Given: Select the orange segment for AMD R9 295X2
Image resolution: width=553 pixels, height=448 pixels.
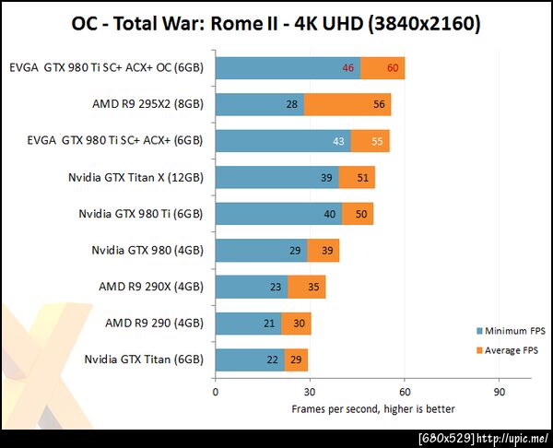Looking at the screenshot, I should click(x=347, y=104).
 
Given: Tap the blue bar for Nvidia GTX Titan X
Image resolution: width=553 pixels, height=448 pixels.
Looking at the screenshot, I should click(x=276, y=177).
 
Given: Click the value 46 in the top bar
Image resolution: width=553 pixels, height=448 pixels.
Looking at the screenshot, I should click(x=348, y=68).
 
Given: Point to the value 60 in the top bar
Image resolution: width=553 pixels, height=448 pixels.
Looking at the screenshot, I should click(x=393, y=68).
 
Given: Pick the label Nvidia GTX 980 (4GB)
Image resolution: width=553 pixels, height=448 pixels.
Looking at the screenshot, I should click(x=147, y=250).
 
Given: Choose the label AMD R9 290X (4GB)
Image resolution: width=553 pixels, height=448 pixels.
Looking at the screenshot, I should click(x=150, y=287).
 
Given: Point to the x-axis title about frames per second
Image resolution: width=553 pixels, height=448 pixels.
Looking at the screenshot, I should click(x=372, y=408).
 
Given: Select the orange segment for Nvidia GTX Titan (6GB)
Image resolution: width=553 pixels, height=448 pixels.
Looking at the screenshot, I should click(x=296, y=360).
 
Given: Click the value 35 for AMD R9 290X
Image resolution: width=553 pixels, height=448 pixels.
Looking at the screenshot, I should click(x=314, y=287).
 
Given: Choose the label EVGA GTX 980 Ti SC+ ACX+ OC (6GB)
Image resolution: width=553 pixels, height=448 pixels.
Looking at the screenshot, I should click(x=112, y=67).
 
